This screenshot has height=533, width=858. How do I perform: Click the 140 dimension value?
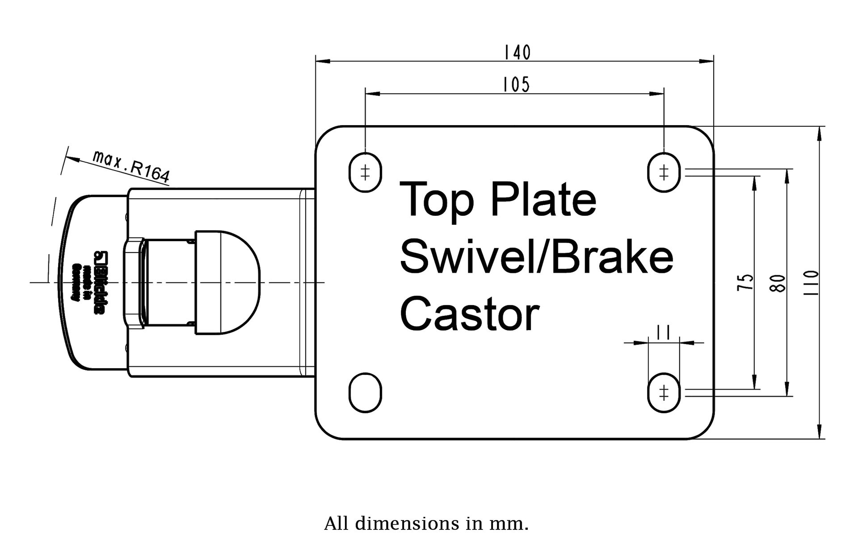click(517, 53)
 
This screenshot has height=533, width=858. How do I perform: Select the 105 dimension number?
click(516, 84)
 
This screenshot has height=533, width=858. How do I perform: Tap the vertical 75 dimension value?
click(745, 282)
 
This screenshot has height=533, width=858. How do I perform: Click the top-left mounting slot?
click(365, 172)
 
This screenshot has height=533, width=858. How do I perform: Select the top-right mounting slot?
click(664, 172)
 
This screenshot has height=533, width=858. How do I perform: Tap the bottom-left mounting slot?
click(365, 393)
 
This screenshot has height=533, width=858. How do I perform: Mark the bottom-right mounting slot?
click(664, 393)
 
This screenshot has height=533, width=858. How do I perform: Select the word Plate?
click(543, 199)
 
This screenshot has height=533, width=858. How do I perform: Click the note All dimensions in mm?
click(426, 523)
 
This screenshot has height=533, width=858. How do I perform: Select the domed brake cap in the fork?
click(228, 282)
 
